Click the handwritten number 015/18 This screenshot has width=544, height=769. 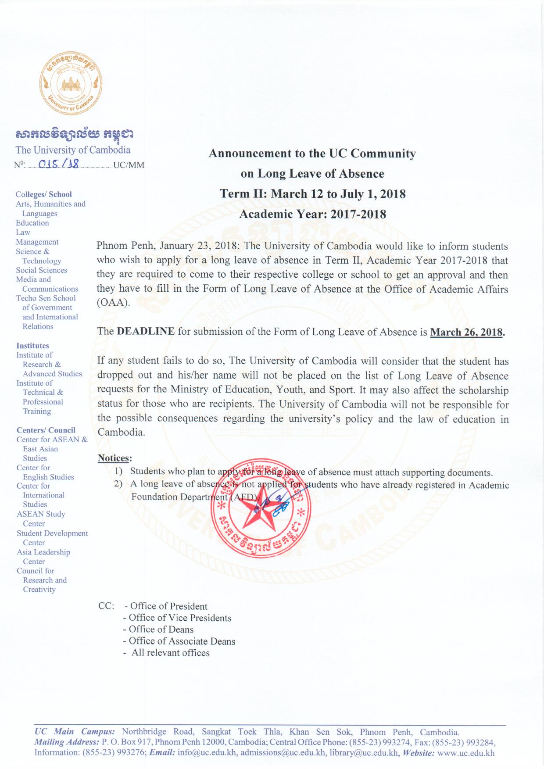point(59,164)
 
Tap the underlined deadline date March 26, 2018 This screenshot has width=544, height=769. point(466,332)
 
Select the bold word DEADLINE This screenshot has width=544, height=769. point(146,331)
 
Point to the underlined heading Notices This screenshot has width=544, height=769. point(114,458)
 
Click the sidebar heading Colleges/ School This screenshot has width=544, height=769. point(43,194)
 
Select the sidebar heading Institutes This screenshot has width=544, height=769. point(32,346)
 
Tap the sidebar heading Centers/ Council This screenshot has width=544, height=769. point(46,430)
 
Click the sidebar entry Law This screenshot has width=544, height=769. point(23,232)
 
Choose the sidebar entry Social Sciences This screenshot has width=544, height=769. point(41,270)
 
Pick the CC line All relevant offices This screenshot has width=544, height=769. point(170,653)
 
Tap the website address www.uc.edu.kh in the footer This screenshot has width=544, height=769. point(466,753)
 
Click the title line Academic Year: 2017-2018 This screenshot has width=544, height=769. point(313,215)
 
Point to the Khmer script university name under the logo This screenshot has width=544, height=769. point(75,133)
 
